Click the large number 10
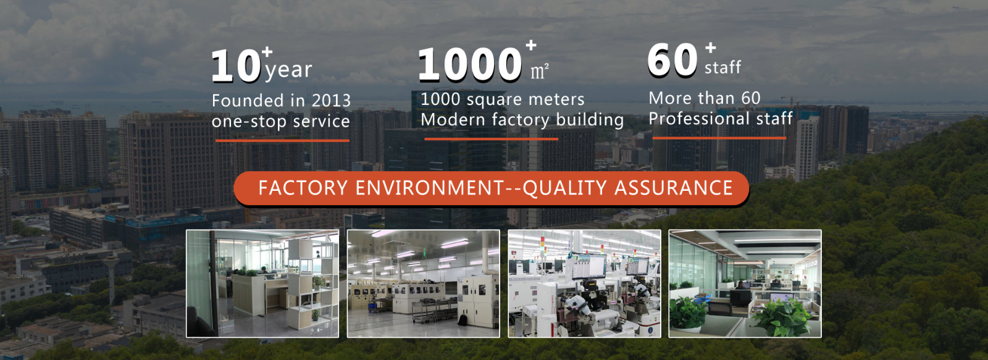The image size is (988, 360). coord(236,65)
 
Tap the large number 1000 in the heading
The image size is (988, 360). coord(470,64)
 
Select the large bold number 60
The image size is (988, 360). coord(672,60)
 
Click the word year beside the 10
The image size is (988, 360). coord(289,70)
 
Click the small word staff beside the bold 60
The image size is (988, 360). coord(722,67)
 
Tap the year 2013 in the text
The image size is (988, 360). coord(331,101)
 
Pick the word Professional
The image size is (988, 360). coord(699,119)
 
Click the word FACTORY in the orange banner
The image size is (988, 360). coord(303,188)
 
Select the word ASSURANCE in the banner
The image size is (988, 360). coord(674,188)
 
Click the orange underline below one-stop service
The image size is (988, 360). coord(282,141)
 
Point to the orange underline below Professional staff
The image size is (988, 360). coord(719,138)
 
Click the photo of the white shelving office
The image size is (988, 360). coord(262,283)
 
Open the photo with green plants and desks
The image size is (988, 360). coord(745,283)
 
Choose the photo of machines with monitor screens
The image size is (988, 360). coord(584,283)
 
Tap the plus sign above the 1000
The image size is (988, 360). coord(531,45)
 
